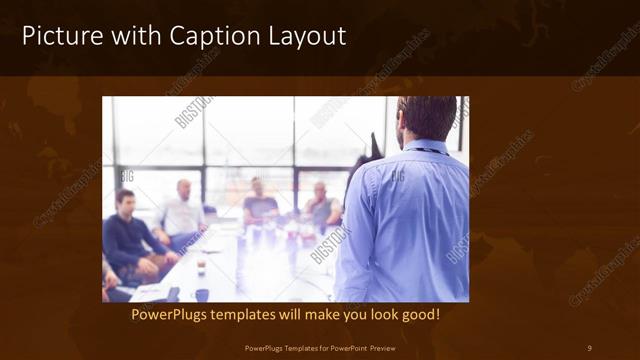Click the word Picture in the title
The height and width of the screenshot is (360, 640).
pyautogui.click(x=59, y=37)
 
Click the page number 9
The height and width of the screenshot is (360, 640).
pyautogui.click(x=589, y=348)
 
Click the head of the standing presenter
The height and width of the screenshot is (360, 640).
pyautogui.click(x=426, y=118)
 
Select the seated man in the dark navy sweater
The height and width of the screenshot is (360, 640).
pyautogui.click(x=128, y=240)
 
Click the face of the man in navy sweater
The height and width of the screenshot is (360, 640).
pyautogui.click(x=124, y=202)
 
